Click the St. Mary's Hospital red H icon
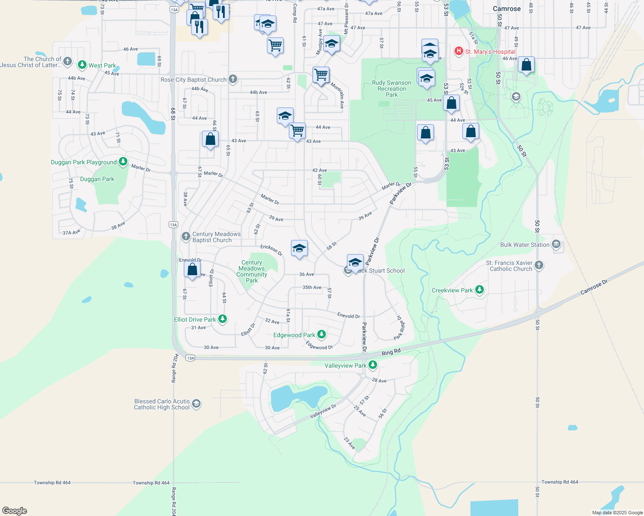[459, 52]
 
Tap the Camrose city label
[507, 9]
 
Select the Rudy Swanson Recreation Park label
[391, 89]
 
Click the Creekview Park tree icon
[479, 290]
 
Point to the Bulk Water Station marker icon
[556, 245]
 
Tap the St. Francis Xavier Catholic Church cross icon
[539, 265]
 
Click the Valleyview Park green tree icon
[373, 365]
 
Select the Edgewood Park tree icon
[321, 335]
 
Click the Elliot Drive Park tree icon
[223, 319]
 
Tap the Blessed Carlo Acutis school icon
[196, 404]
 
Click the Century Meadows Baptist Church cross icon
[186, 236]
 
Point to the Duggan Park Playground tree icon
[123, 162]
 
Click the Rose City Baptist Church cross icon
[232, 79]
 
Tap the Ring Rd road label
[391, 352]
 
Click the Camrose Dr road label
[594, 287]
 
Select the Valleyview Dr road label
[323, 412]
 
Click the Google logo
[15, 511]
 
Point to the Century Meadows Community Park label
[252, 271]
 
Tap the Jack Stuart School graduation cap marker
[355, 262]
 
